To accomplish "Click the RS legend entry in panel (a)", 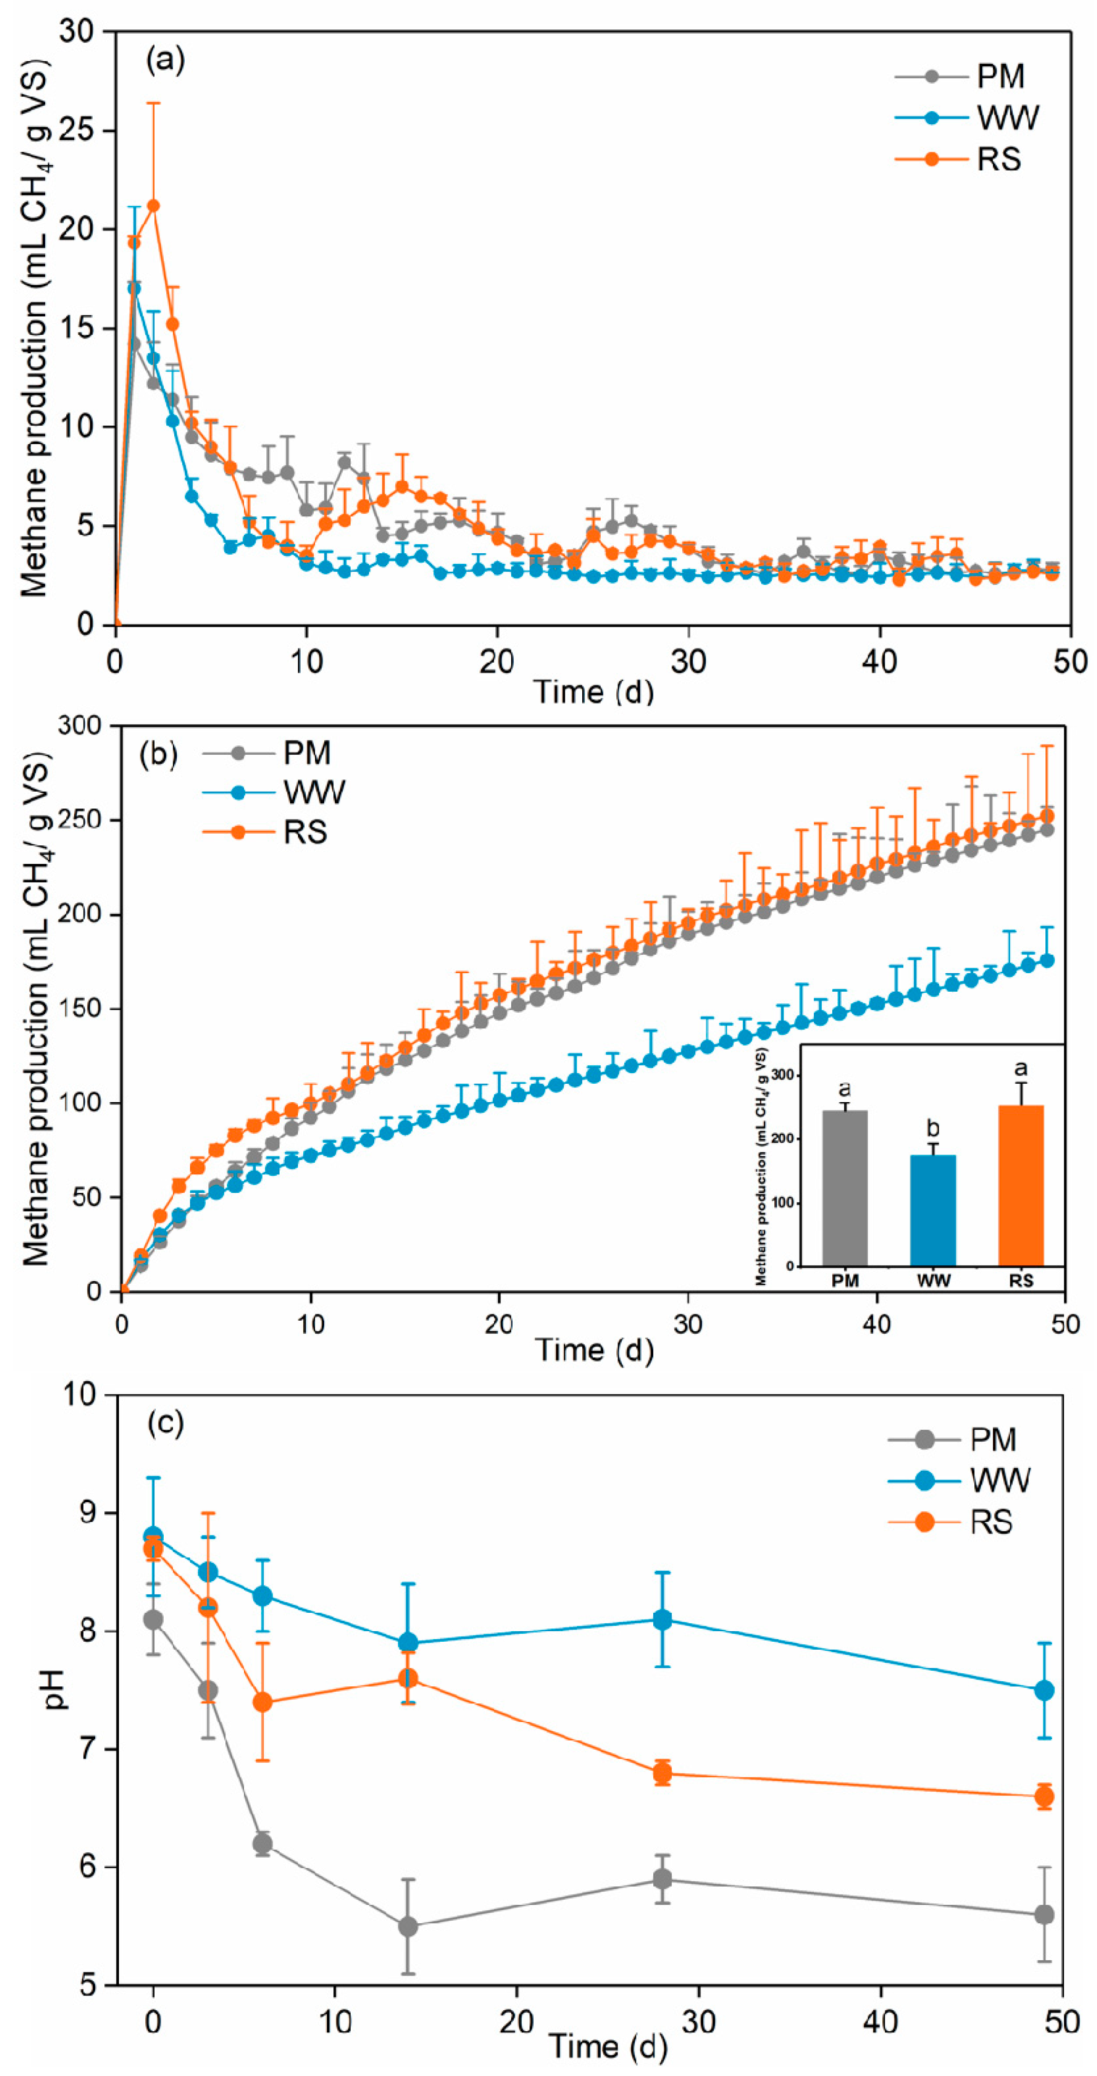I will point(998,159).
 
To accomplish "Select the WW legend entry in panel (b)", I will point(313,792).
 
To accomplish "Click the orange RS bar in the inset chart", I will point(1021,1185).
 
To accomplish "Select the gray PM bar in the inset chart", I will point(845,1188).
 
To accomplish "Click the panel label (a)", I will point(164,59).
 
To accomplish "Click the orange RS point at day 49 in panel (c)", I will point(1044,1796).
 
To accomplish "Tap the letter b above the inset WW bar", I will point(933,1127).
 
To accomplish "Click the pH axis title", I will point(55,1689).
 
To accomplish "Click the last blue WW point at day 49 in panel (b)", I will point(1047,960).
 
